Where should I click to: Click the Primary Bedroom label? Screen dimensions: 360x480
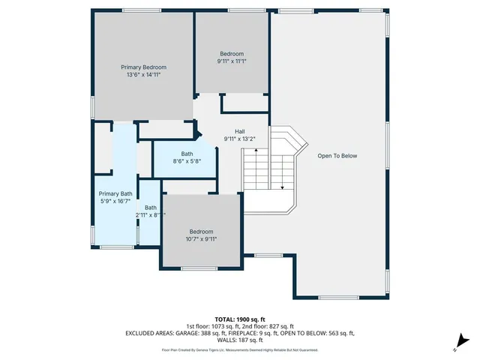143,67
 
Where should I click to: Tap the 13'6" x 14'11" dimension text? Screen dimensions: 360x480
143,75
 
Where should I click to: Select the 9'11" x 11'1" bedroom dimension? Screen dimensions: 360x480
232,61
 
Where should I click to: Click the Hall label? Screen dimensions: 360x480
239,131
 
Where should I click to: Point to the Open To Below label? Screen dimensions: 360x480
337,156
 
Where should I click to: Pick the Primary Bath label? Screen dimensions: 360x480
115,193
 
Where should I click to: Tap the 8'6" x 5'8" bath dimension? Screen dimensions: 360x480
187,161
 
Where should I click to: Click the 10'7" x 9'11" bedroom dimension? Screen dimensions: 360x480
201,239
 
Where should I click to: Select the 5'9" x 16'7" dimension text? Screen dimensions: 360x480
115,201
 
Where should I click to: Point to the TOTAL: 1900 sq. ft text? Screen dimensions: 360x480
240,319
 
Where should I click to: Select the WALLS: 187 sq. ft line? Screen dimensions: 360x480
240,339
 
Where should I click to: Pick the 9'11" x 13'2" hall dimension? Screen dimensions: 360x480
239,139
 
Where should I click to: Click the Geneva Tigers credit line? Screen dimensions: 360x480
240,350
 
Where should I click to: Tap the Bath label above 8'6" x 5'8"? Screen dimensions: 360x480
187,154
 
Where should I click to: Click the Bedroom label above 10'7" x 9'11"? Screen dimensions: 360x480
201,232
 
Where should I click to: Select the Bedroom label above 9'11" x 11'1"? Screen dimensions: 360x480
232,54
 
